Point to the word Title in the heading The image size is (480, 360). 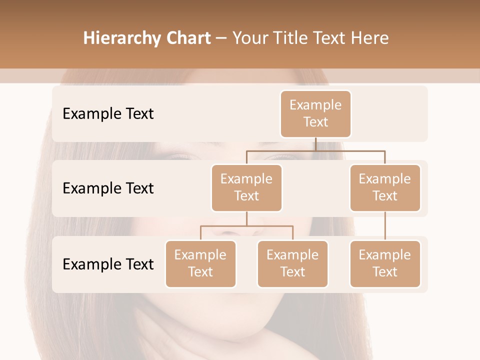coord(293,38)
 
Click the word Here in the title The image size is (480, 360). coord(370,38)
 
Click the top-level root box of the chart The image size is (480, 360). coord(315,114)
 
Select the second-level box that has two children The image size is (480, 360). coord(246,188)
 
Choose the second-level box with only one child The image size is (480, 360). coord(385,188)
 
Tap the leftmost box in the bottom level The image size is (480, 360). coord(200,264)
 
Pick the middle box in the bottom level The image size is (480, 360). coord(292,264)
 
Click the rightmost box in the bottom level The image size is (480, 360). coord(385,264)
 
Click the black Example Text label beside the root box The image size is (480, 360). coord(108,114)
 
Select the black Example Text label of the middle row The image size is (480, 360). coord(108,188)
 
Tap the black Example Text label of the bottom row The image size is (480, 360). coord(108,264)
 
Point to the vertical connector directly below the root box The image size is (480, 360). coord(315,144)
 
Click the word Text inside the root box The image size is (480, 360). coord(315,122)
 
